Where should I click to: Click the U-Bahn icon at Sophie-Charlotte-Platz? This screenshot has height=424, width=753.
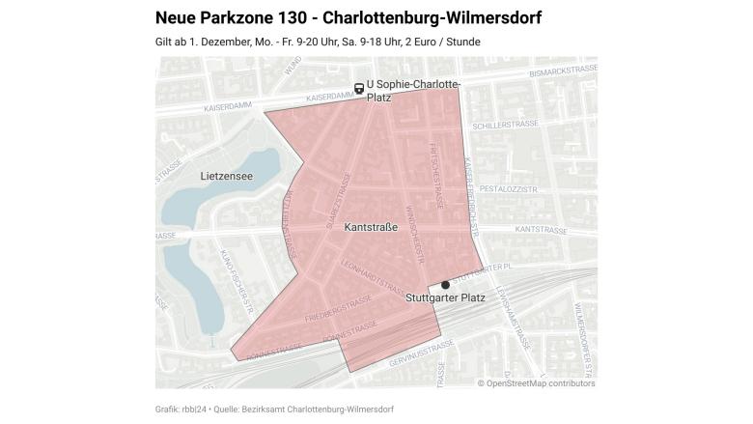359,88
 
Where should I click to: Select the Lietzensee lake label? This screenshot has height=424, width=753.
226,177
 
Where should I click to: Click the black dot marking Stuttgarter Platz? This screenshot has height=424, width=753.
445,285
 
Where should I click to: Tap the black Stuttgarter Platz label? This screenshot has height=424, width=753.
445,298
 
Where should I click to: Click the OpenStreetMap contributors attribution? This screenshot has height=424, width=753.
536,383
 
